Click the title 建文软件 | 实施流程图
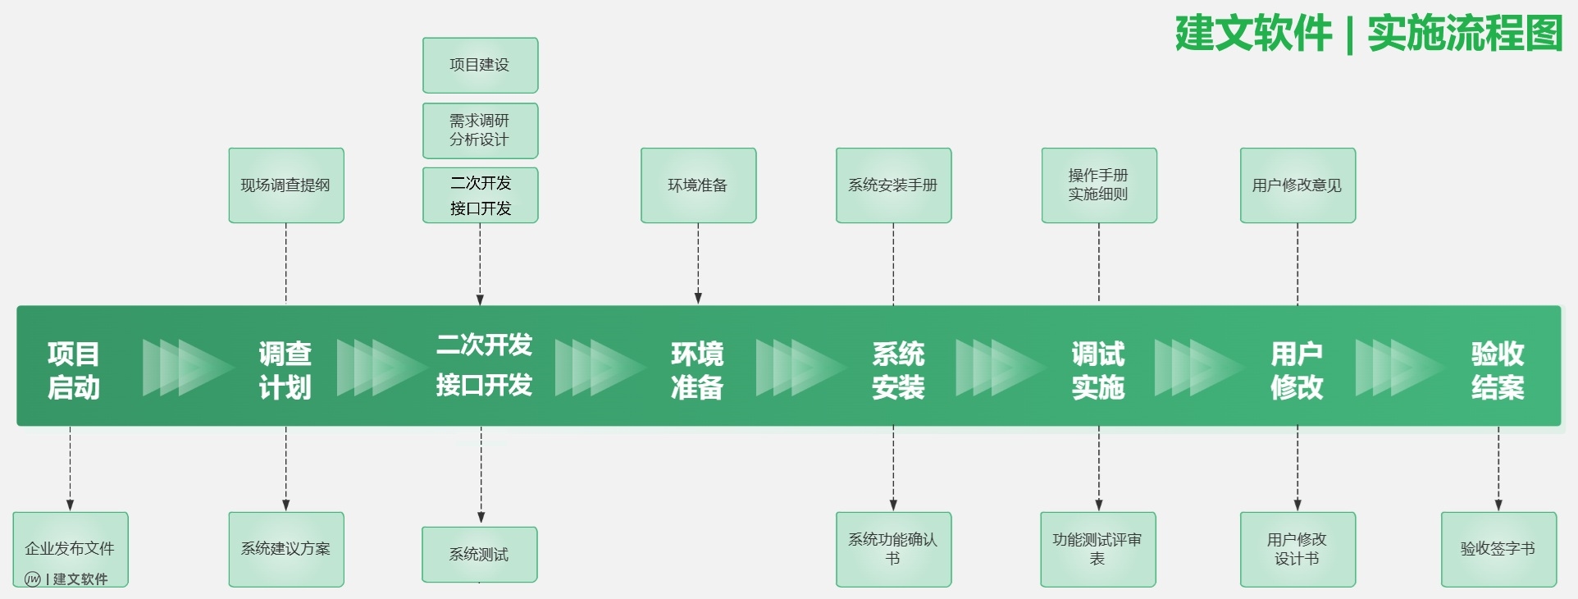pyautogui.click(x=1368, y=34)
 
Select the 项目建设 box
pyautogui.click(x=480, y=65)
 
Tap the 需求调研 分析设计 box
pyautogui.click(x=480, y=130)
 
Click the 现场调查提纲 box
pyautogui.click(x=285, y=185)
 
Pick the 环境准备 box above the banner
pyautogui.click(x=698, y=185)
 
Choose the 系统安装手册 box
pyautogui.click(x=893, y=185)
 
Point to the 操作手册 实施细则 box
pyautogui.click(x=1098, y=185)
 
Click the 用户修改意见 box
pyautogui.click(x=1297, y=185)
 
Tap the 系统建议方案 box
pyautogui.click(x=285, y=549)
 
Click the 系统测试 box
pyautogui.click(x=479, y=555)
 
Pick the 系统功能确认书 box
pyautogui.click(x=893, y=549)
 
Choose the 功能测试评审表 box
pyautogui.click(x=1097, y=549)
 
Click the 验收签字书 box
pyautogui.click(x=1498, y=549)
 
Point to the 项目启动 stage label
pyautogui.click(x=74, y=370)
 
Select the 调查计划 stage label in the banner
pyautogui.click(x=285, y=370)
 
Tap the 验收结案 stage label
pyautogui.click(x=1498, y=370)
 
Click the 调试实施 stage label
pyautogui.click(x=1098, y=370)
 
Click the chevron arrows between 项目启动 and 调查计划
pyautogui.click(x=187, y=367)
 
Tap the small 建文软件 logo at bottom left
pyautogui.click(x=66, y=579)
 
